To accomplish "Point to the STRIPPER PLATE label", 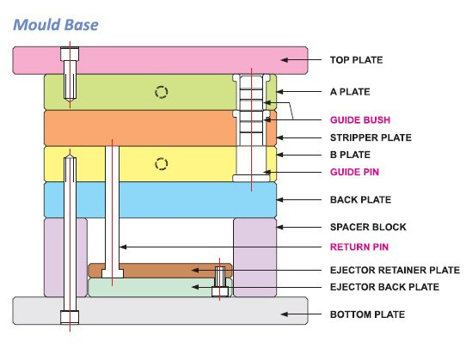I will point(371,137).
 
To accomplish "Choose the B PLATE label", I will point(350,155).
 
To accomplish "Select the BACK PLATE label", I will point(361,199).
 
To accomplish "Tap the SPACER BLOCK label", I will point(368,227).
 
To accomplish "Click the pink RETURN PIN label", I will point(360,247).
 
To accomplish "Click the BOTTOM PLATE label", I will point(367,315).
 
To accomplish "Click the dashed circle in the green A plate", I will point(159,92).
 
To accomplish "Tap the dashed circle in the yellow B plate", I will point(159,163).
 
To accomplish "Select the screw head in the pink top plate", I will point(69,58).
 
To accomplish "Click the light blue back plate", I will point(159,199).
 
